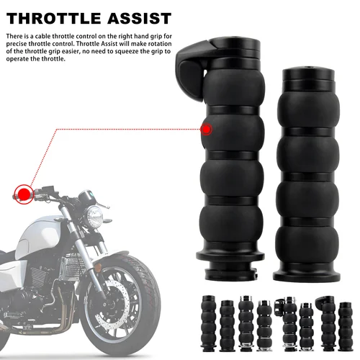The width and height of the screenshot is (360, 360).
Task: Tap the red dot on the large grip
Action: pyautogui.click(x=207, y=129)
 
